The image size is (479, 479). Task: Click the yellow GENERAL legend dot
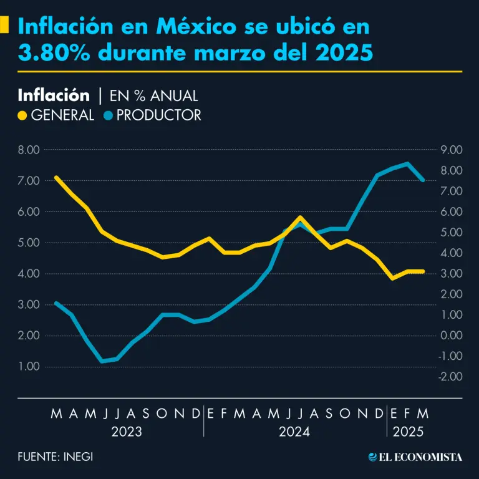pyautogui.click(x=22, y=115)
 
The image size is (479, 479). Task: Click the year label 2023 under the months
pyautogui.click(x=127, y=432)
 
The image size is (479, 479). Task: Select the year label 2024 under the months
pyautogui.click(x=294, y=432)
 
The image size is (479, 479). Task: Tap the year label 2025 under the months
pyautogui.click(x=408, y=432)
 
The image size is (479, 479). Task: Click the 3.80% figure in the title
pyautogui.click(x=52, y=54)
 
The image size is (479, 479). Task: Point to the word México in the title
pyautogui.click(x=196, y=27)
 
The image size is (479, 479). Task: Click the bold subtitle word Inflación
pyautogui.click(x=54, y=95)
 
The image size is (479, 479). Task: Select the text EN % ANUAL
pyautogui.click(x=154, y=96)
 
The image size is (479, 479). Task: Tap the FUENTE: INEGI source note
pyautogui.click(x=56, y=457)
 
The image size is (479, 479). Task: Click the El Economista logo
pyautogui.click(x=415, y=457)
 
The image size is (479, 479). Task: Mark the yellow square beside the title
pyautogui.click(x=5, y=25)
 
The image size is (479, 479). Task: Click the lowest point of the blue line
pyautogui.click(x=102, y=361)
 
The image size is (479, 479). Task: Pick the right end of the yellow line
pyautogui.click(x=423, y=271)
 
